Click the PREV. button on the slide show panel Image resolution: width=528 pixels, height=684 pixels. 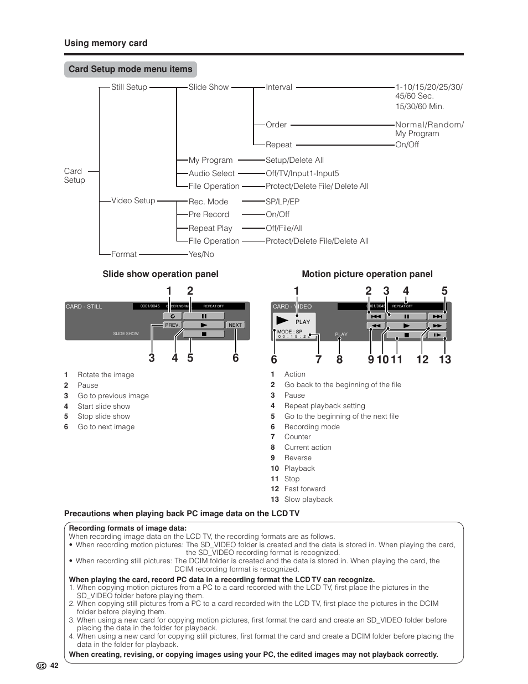pyautogui.click(x=172, y=325)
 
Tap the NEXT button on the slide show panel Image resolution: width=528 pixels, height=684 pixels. pyautogui.click(x=235, y=325)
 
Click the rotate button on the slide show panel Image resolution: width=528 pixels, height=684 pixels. pyautogui.click(x=172, y=316)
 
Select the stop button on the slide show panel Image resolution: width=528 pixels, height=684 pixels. pyautogui.click(x=204, y=334)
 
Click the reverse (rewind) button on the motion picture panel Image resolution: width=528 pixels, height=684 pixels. pyautogui.click(x=376, y=326)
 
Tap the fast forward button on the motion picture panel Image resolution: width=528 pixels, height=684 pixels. pyautogui.click(x=437, y=326)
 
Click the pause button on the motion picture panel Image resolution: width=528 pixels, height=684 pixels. pyautogui.click(x=406, y=316)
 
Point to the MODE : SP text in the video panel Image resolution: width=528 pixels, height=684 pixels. pyautogui.click(x=289, y=332)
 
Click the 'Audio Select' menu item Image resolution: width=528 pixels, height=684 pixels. pyautogui.click(x=211, y=173)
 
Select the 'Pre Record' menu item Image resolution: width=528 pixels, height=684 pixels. pyautogui.click(x=209, y=214)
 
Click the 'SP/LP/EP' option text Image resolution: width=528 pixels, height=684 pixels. pyautogui.click(x=282, y=202)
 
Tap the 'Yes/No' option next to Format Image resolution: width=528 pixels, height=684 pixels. pyautogui.click(x=201, y=254)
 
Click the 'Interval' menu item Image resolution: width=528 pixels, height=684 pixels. pyautogui.click(x=279, y=87)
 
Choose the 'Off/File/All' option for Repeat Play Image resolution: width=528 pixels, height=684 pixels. pyautogui.click(x=284, y=228)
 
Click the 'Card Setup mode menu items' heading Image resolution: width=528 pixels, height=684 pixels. pyautogui.click(x=131, y=69)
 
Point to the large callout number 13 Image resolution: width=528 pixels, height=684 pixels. pyautogui.click(x=445, y=359)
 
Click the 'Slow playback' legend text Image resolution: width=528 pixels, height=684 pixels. pyautogui.click(x=308, y=499)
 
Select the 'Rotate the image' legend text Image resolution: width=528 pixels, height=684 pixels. pyautogui.click(x=106, y=375)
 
